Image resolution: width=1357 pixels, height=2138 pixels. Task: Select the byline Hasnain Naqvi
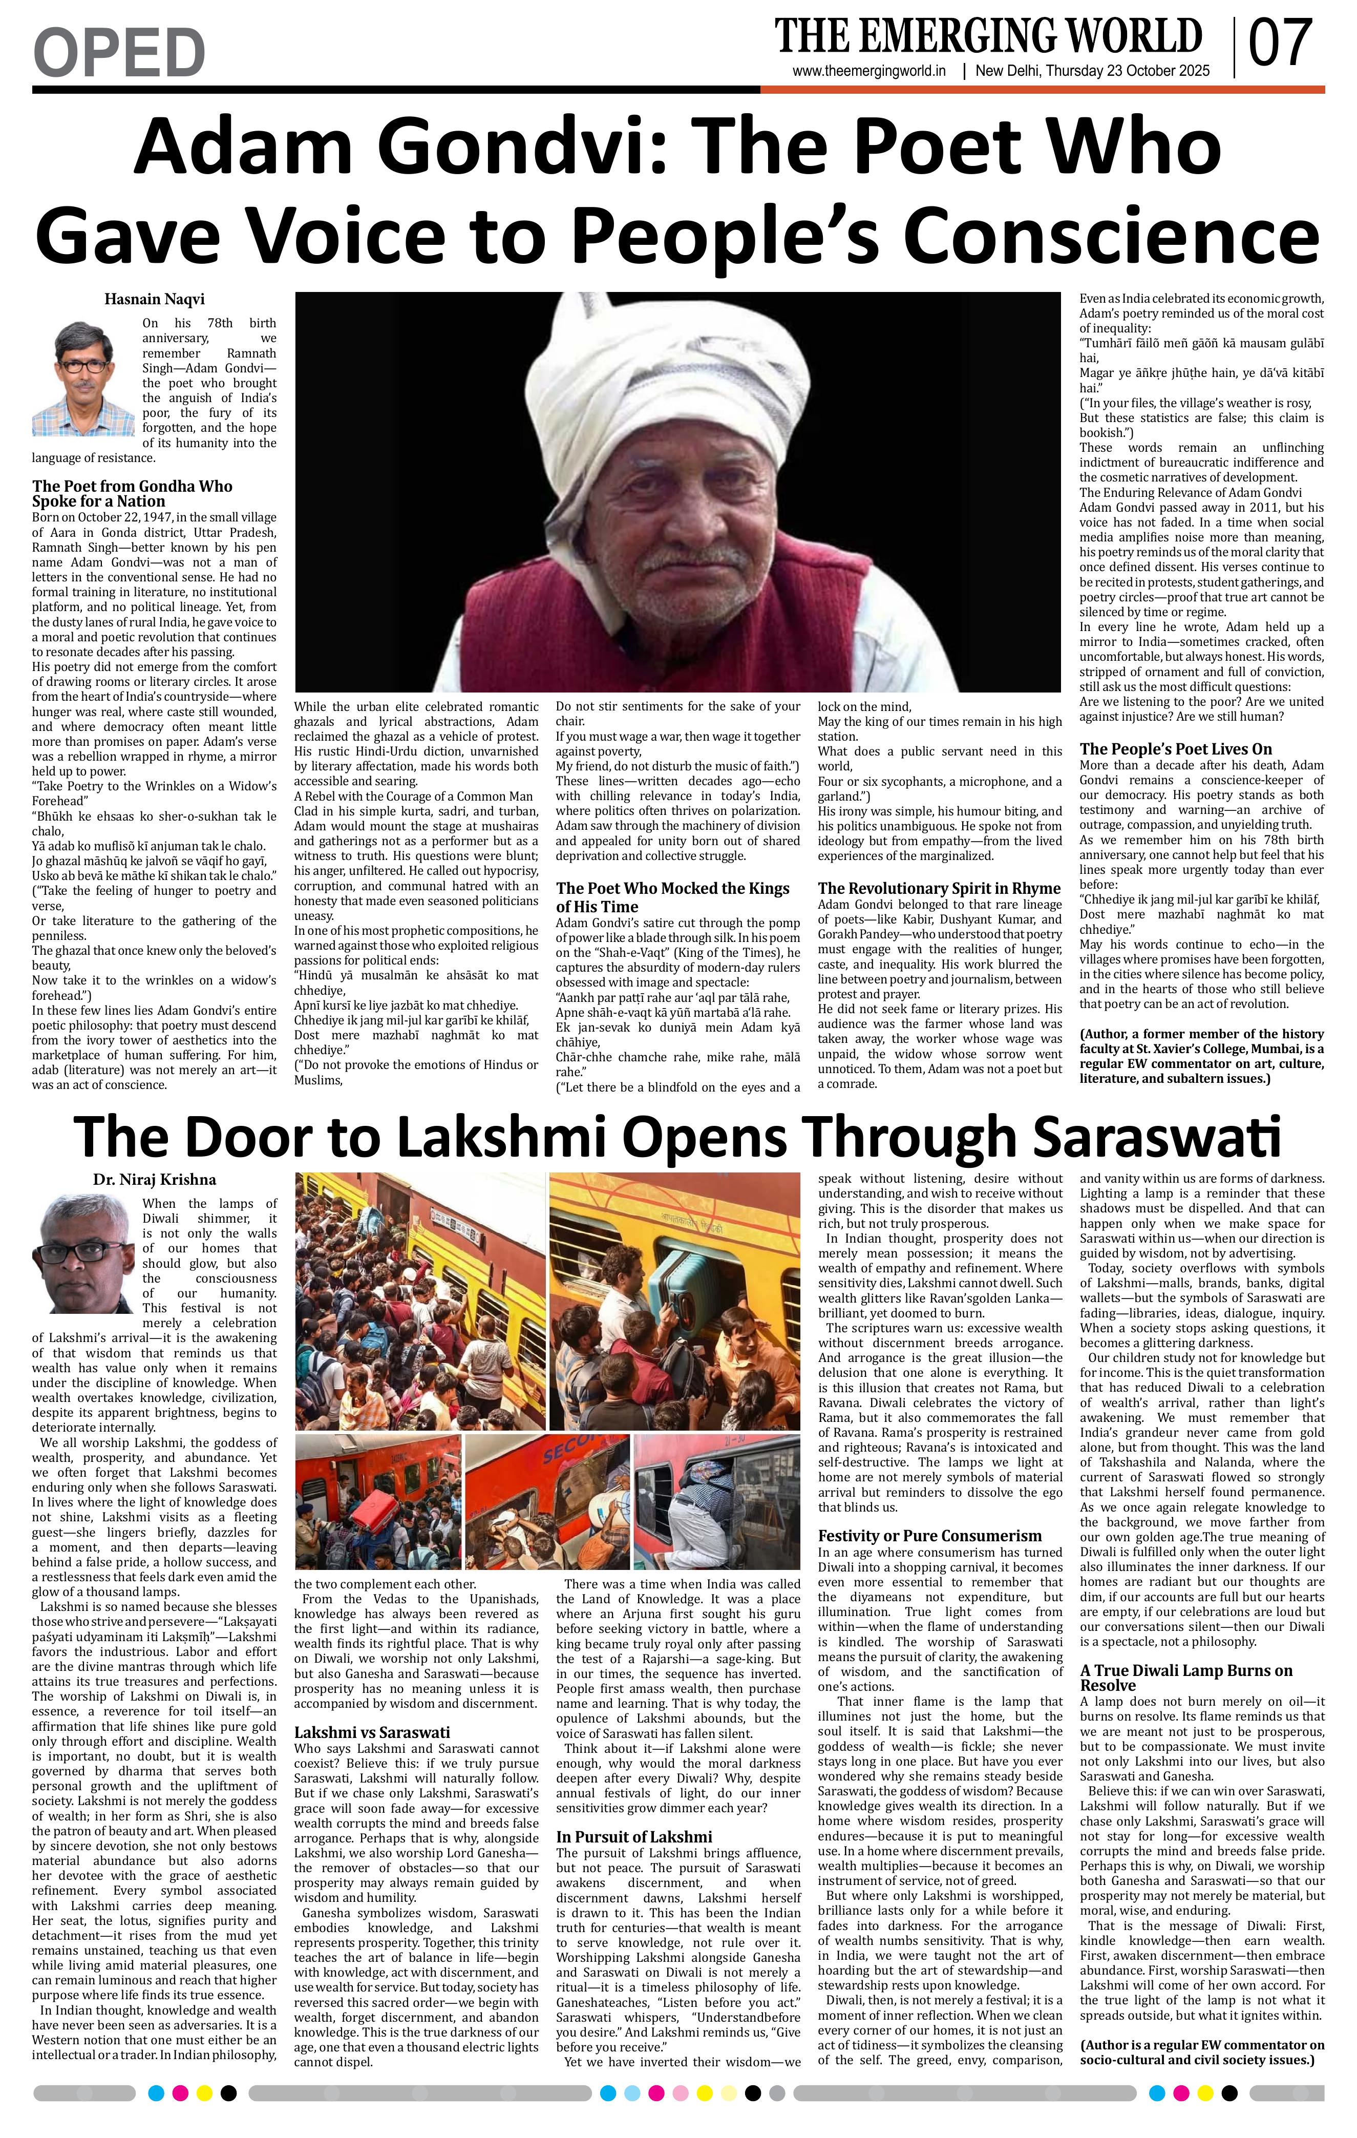tap(155, 299)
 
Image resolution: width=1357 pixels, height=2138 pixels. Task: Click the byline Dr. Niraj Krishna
tap(155, 1179)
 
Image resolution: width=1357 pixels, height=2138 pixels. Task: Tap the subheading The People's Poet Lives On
tap(1175, 748)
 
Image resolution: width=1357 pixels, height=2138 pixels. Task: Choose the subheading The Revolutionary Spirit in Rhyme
tap(939, 888)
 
